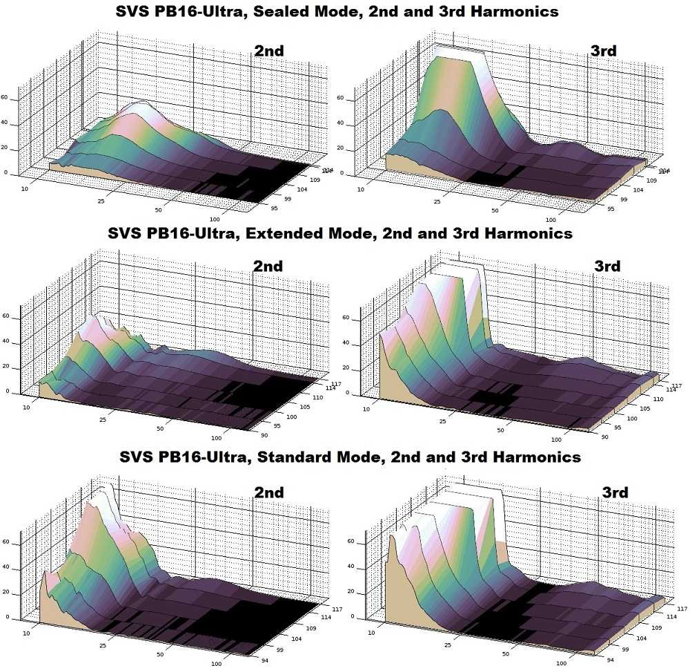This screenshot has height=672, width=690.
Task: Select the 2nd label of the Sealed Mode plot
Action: pyautogui.click(x=268, y=50)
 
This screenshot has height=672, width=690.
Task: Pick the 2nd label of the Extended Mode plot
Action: pyautogui.click(x=268, y=266)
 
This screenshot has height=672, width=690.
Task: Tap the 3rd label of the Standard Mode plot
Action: pyautogui.click(x=615, y=492)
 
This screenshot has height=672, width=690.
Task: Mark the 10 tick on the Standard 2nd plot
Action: pyautogui.click(x=26, y=631)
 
